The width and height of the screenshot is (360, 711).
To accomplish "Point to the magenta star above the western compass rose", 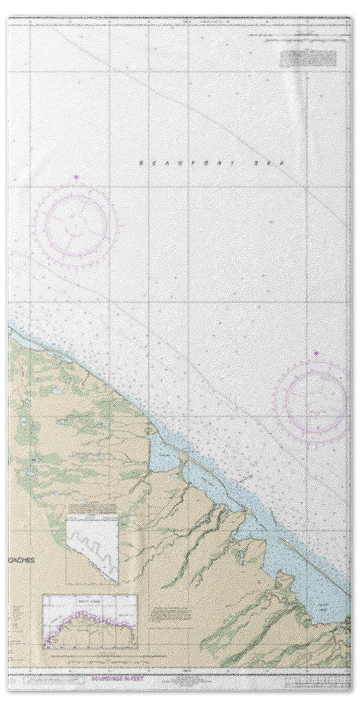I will pos(75,177).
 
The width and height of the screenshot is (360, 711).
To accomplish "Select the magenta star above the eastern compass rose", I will pos(316,354).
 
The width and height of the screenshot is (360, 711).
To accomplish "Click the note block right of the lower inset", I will pos(171,614).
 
